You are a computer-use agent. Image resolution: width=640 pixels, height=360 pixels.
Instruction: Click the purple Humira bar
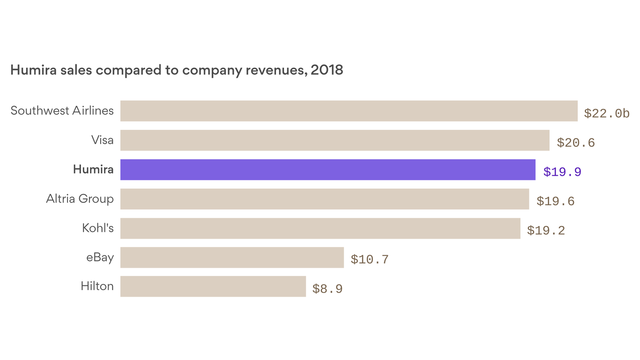[x=327, y=170]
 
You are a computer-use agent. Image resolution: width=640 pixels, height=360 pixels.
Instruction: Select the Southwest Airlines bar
[x=349, y=111]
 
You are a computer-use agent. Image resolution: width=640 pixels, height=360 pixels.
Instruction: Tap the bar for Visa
[x=335, y=140]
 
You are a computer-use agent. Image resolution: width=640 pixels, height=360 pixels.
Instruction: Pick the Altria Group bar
[x=324, y=199]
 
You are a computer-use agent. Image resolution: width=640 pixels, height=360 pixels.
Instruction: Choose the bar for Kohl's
[x=320, y=228]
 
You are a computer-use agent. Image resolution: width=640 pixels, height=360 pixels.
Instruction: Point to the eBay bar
[x=232, y=257]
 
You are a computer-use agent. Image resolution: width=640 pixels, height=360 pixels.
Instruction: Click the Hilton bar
[x=213, y=286]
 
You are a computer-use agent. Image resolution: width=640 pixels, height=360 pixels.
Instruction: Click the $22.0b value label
[x=606, y=113]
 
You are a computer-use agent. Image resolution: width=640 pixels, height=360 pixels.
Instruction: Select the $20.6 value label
[x=575, y=142]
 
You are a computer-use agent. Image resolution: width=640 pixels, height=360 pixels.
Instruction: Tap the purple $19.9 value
[x=562, y=172]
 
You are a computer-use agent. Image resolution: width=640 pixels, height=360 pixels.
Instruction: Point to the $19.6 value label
[x=555, y=201]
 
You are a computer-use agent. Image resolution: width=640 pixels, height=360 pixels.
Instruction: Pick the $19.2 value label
[x=546, y=231]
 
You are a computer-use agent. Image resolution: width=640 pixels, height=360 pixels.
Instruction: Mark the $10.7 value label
[x=369, y=260]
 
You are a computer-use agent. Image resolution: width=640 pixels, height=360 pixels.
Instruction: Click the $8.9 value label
[x=327, y=289]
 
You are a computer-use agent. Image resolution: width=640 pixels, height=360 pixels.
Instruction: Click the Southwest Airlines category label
[x=62, y=111]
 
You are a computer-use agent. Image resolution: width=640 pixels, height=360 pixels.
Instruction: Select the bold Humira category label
[x=93, y=169]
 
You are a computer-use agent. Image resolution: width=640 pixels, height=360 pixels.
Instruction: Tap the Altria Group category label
[x=80, y=199]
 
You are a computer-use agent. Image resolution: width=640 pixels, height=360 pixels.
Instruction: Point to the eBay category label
[x=100, y=257]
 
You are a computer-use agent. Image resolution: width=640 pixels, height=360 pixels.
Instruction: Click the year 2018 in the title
[x=327, y=70]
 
